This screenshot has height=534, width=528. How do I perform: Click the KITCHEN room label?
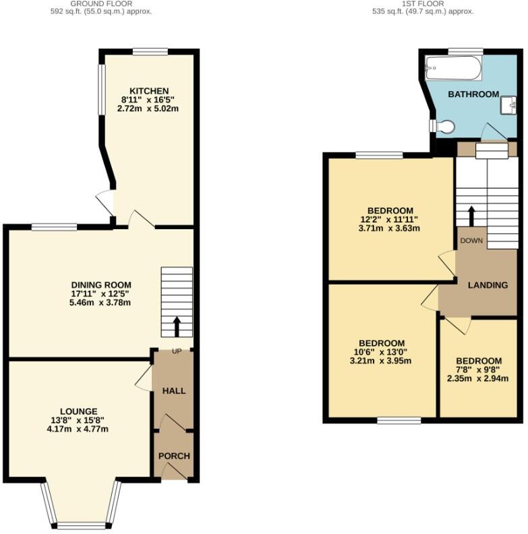point(149,91)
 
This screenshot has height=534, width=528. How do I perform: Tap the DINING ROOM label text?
point(101,285)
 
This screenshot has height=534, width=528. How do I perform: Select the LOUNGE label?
point(78,411)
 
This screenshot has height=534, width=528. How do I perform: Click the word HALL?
point(174,390)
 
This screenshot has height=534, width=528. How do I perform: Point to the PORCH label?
point(174,456)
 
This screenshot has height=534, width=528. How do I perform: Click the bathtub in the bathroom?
point(454,68)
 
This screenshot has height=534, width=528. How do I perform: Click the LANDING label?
point(488,285)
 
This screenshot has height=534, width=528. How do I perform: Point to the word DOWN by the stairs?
point(471,240)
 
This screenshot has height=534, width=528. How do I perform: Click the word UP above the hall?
point(177,351)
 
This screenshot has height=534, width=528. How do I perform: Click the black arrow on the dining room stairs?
point(177,326)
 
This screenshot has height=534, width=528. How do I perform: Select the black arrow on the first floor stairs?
point(471,216)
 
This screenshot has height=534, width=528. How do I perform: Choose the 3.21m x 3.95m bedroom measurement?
point(380,361)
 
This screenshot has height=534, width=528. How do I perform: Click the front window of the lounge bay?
point(80,525)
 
